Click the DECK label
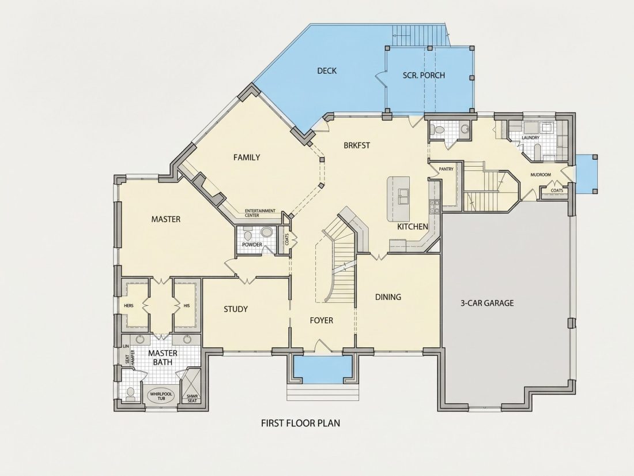coord(327,71)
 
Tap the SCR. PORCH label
coord(424,75)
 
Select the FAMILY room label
coord(247,158)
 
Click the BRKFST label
coord(357,145)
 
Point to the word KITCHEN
coord(413,227)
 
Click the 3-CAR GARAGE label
coord(487,303)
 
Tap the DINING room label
coord(388,297)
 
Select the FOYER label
coord(322,321)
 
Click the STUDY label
coord(236,309)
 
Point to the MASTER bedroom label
coord(166,219)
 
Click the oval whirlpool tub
coord(161,395)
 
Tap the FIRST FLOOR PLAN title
coord(300,423)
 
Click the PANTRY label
coord(446,169)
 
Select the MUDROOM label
coord(541,175)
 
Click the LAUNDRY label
coord(530,138)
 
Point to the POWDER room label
coord(252,245)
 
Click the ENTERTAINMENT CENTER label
coord(259,213)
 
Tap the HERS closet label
coord(129,306)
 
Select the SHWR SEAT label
coord(192,399)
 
